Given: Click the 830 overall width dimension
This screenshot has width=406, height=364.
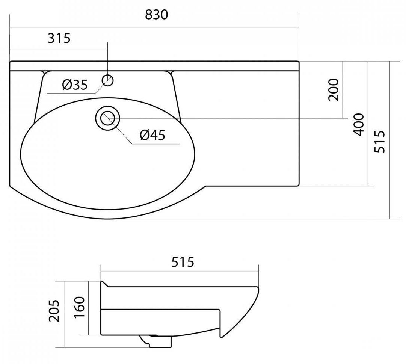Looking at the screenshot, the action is coord(156,15).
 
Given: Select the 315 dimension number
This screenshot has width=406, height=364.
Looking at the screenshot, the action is coord(59,38).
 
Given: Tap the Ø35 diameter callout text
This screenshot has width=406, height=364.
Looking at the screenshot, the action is coord(75,85).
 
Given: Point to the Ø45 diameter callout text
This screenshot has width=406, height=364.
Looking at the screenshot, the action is coord(152,135).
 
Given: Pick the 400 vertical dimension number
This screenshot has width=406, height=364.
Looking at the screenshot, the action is coord(359,125).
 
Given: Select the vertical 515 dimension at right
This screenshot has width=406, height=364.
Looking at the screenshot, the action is coord(380,142).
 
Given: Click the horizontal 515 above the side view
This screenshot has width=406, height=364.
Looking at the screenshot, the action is coord(183,262).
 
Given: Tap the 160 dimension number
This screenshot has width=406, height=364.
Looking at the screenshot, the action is coord(80,308).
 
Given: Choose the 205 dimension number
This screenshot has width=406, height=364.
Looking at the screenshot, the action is coord(54,311).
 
